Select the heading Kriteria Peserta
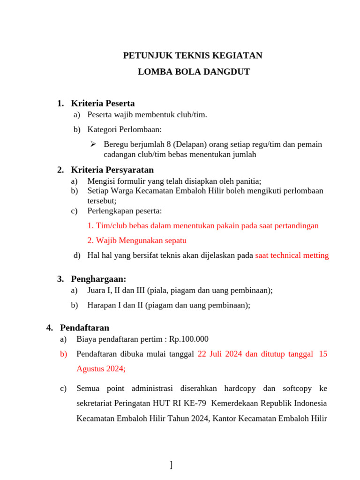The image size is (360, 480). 103,103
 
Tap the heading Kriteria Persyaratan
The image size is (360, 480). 112,170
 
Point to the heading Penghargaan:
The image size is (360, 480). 98,279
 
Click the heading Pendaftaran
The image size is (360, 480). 84,328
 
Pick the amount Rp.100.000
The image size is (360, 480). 189,339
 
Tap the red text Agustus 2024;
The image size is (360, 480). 101,368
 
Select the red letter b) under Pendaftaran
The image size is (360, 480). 64,354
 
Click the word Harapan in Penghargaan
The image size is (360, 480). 101,305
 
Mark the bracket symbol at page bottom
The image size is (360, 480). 171,465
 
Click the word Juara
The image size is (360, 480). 97,290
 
